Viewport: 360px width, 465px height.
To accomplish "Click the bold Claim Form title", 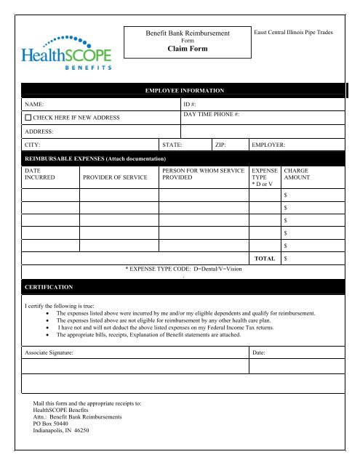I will pyautogui.click(x=188, y=49).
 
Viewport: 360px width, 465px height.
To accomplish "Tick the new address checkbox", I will pyautogui.click(x=28, y=117).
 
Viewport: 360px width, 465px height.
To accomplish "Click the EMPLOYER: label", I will pyautogui.click(x=268, y=145).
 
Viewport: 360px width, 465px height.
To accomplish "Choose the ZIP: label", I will pyautogui.click(x=222, y=145).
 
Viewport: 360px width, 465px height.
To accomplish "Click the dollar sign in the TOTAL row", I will pyautogui.click(x=286, y=258).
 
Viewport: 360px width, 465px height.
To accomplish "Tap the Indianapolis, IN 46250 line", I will pyautogui.click(x=61, y=431).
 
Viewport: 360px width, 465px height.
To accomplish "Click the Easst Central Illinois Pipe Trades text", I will pyautogui.click(x=292, y=33).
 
